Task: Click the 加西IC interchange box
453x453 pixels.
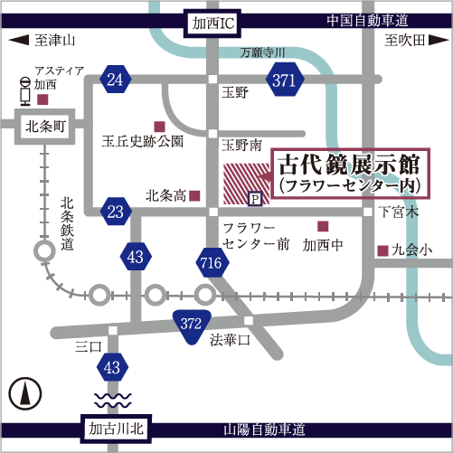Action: click(x=212, y=24)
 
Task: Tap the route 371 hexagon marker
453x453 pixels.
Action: click(x=285, y=80)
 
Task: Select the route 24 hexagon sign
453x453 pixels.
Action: click(x=116, y=80)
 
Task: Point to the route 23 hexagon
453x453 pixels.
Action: click(x=116, y=212)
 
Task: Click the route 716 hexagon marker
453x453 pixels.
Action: click(x=212, y=262)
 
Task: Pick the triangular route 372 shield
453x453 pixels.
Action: click(x=192, y=326)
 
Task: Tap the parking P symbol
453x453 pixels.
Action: click(x=255, y=199)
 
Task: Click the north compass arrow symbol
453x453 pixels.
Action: click(x=25, y=393)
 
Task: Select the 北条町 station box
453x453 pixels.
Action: click(x=45, y=127)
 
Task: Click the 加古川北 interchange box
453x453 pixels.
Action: click(x=116, y=429)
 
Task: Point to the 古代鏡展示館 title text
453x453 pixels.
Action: click(x=349, y=165)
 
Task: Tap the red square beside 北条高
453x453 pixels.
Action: click(x=194, y=196)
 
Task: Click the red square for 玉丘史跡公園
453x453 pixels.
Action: click(x=160, y=127)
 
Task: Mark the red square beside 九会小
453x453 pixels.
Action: click(x=382, y=250)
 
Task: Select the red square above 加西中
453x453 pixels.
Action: click(x=323, y=226)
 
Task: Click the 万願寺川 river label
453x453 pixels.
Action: click(x=262, y=52)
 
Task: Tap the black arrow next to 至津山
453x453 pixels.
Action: click(x=19, y=40)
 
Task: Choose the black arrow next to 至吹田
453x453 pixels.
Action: click(x=439, y=40)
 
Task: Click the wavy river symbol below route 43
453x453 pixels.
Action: click(x=113, y=400)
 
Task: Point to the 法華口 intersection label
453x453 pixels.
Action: click(x=231, y=340)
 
